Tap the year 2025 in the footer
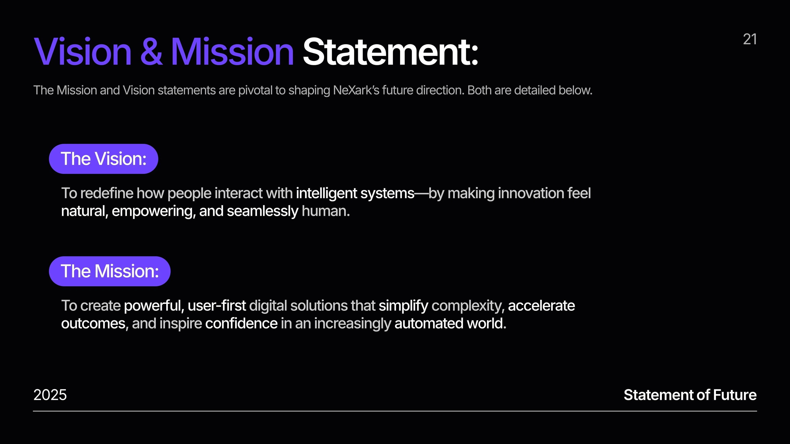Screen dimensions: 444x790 point(50,395)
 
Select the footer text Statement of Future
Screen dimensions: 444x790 point(690,395)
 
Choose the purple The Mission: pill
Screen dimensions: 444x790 point(109,271)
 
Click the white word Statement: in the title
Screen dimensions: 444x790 point(390,51)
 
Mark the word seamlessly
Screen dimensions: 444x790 point(262,211)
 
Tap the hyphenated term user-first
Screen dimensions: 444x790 point(216,305)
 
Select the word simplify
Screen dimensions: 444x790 point(403,305)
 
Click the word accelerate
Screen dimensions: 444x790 point(541,305)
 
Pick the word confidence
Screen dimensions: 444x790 point(241,324)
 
